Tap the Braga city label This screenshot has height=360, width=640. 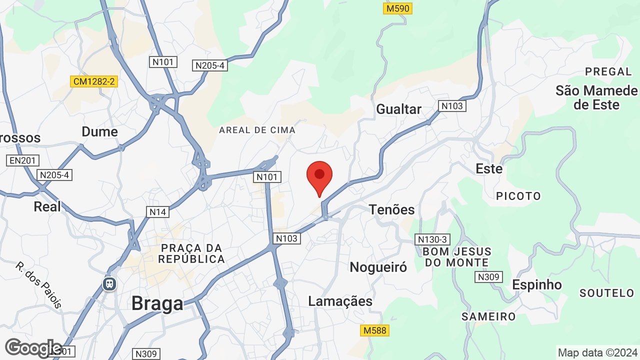[157, 303]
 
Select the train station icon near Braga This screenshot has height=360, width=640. [109, 284]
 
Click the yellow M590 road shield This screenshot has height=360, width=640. [398, 8]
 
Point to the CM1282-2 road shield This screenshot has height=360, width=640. [94, 81]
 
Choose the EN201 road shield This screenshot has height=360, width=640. [23, 160]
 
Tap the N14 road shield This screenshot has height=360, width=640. [158, 212]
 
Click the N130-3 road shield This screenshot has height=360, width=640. [433, 239]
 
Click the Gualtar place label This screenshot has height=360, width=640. [398, 109]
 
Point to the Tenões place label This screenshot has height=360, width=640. [392, 209]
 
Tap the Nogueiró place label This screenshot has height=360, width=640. [378, 267]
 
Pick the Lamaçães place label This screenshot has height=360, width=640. [340, 301]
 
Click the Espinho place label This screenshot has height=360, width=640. [537, 284]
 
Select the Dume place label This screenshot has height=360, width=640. [99, 131]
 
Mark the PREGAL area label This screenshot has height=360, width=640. [608, 71]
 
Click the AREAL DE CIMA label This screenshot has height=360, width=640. [257, 130]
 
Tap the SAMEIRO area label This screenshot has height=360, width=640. [488, 316]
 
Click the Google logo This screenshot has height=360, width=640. [33, 348]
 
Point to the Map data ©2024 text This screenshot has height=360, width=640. [597, 352]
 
